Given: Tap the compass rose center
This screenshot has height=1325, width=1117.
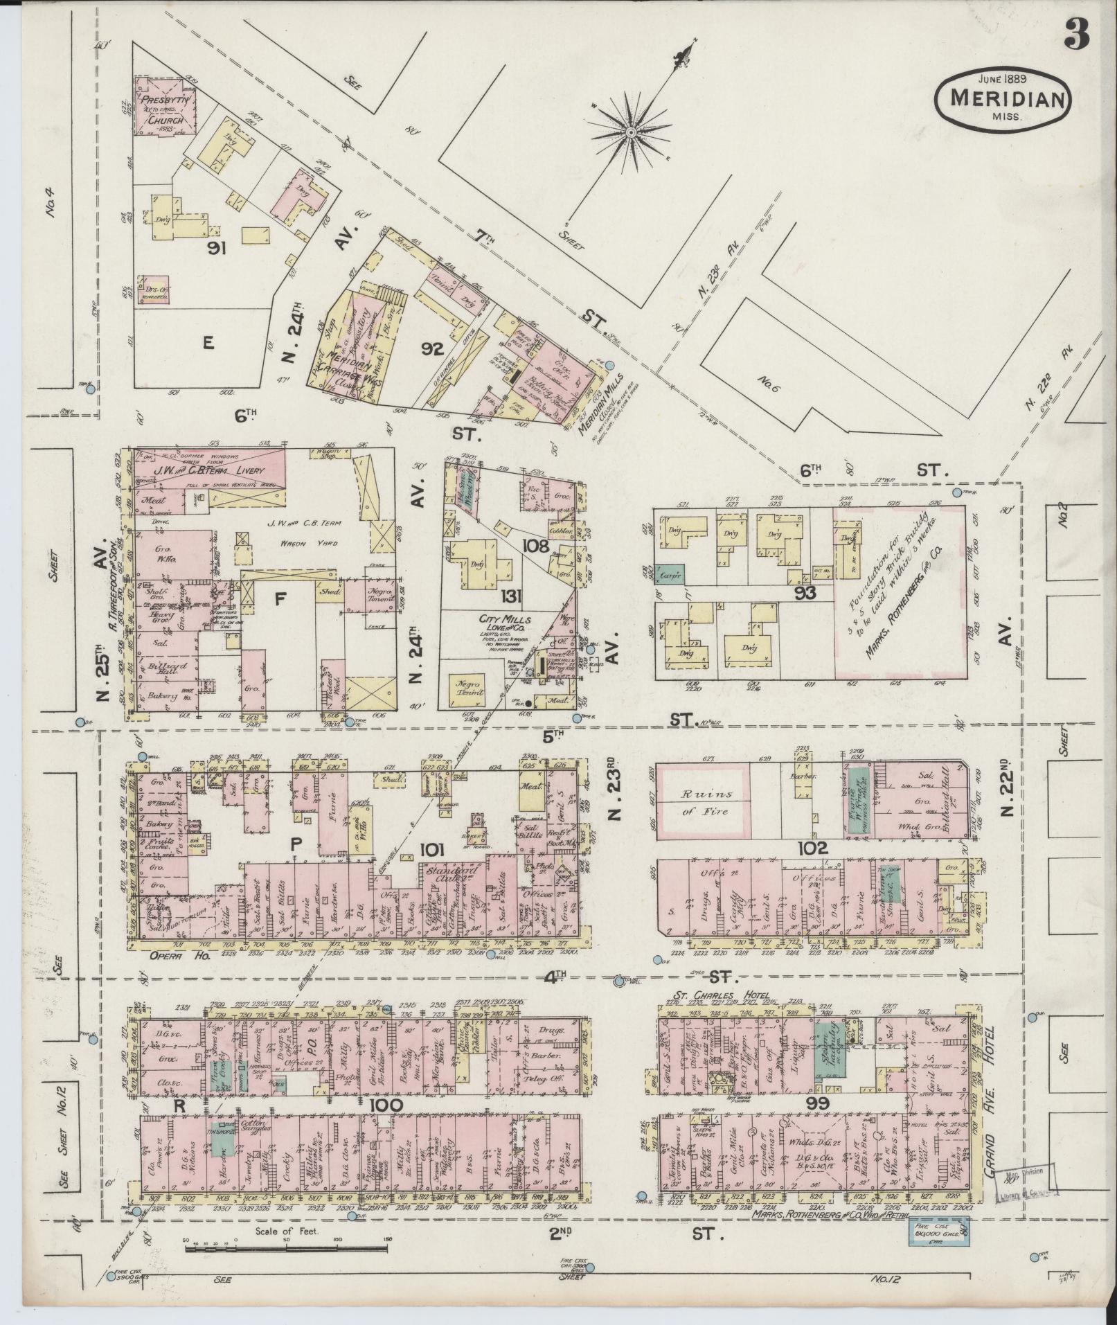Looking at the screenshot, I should click(x=631, y=132).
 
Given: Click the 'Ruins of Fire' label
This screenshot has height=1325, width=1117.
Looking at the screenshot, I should click(x=703, y=802).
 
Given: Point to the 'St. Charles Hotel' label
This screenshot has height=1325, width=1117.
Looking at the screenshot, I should click(x=718, y=997).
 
